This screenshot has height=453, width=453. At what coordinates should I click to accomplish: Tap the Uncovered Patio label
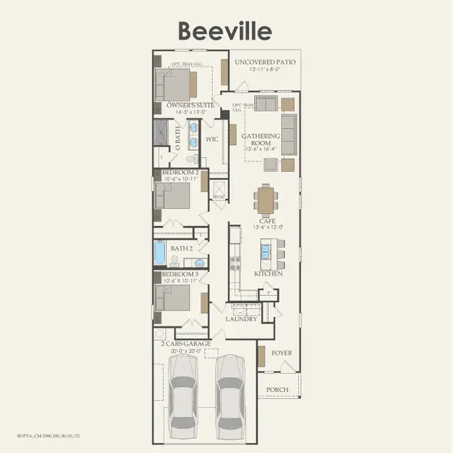[x=263, y=62]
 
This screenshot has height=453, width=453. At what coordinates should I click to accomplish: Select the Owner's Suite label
[x=190, y=106]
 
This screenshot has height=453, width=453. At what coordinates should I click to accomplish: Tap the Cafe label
[x=267, y=222]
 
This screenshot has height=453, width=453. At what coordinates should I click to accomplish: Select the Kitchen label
[x=268, y=273]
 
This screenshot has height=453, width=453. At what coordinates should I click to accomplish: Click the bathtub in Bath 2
[x=161, y=252]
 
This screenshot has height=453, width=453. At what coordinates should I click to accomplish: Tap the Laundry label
[x=241, y=319]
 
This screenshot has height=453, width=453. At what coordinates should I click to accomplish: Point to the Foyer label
[x=282, y=352]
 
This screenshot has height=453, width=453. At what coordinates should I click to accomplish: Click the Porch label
[x=277, y=390]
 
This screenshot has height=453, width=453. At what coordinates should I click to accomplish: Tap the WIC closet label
[x=212, y=139]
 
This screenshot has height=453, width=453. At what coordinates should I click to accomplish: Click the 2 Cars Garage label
[x=185, y=344]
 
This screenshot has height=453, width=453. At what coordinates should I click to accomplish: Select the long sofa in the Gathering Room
[x=289, y=134]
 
